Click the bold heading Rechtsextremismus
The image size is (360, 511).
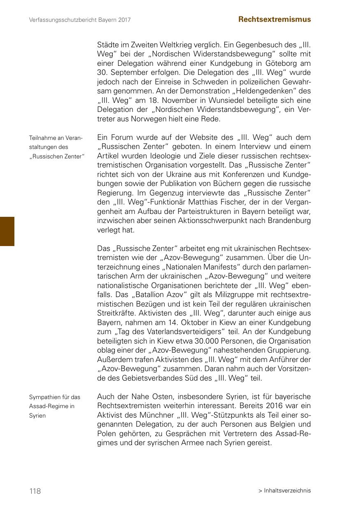point(274,19)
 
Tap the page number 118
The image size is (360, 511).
point(35,491)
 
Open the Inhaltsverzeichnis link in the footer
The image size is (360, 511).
point(287,490)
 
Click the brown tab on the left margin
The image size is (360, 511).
point(7,231)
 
